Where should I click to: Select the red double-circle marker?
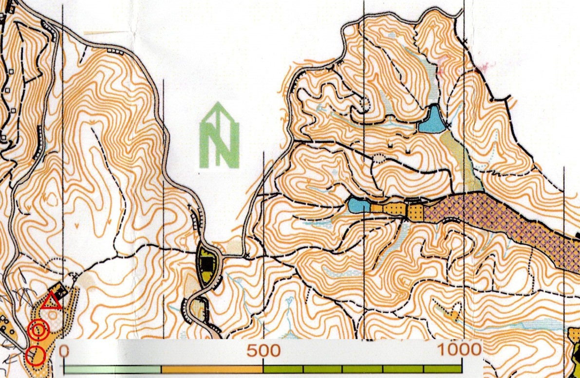pos(38,331)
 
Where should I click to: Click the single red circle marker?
pos(36,356)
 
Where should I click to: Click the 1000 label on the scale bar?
pos(459,349)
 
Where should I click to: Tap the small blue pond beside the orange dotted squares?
pos(359,205)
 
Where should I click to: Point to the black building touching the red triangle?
pos(61,291)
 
